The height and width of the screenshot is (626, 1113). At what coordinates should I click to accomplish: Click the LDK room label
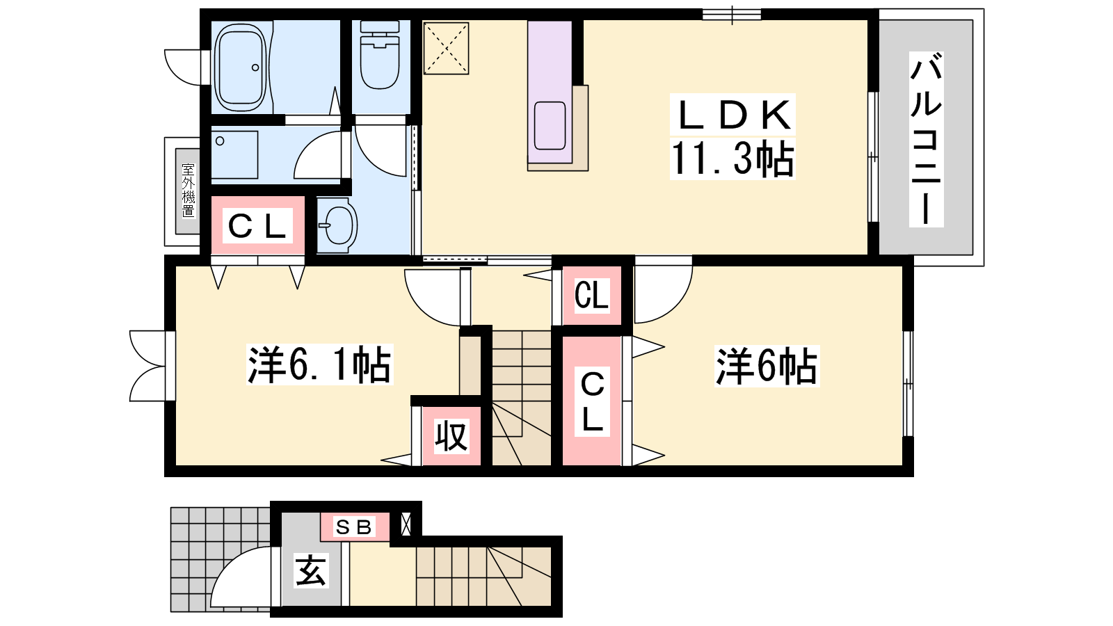pos(733,115)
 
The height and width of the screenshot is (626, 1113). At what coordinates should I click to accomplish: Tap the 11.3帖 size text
pos(732,158)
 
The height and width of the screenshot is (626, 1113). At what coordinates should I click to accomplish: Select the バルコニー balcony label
pos(926,140)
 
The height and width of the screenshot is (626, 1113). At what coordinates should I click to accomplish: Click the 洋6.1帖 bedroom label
pos(319,364)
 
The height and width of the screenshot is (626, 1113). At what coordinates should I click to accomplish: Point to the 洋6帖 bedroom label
pos(767,366)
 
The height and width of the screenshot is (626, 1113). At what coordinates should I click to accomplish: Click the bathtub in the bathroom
pos(241,67)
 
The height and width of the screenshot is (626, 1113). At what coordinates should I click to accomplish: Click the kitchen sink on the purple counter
pos(550,126)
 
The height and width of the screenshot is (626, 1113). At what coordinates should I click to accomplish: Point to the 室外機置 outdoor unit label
pos(189,191)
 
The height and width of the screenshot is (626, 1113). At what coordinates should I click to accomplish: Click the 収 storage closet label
pos(451,435)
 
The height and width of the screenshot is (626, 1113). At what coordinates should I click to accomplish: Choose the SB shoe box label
pos(354,527)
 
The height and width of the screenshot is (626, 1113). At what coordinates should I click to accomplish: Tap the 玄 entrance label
pos(310,570)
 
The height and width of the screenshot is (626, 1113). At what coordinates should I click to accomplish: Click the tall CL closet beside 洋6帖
pos(592,401)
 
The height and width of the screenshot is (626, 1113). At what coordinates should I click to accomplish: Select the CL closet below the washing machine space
pos(257,225)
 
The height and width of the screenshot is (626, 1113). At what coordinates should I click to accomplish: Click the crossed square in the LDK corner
pos(446,48)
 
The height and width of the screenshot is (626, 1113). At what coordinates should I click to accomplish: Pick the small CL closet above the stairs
pos(591,295)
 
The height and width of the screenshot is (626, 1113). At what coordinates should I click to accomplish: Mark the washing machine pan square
pos(234,154)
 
